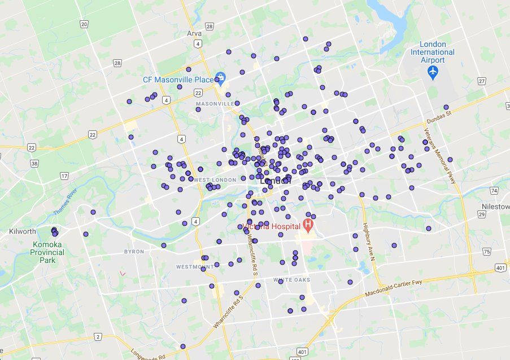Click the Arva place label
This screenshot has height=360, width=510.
coord(194,33)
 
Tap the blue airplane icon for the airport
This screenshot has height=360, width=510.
coord(433,72)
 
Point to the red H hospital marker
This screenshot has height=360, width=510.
coord(308,227)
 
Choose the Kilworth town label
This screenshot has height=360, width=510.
coord(23,231)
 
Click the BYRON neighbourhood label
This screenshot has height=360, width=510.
coord(134,251)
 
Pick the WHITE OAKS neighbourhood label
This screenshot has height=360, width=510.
coord(291,280)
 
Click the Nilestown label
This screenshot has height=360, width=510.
coord(496,207)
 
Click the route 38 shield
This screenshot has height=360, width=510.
coord(34,164)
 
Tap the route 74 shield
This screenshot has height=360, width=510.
coord(494,191)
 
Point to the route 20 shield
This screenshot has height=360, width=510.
coord(84,24)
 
